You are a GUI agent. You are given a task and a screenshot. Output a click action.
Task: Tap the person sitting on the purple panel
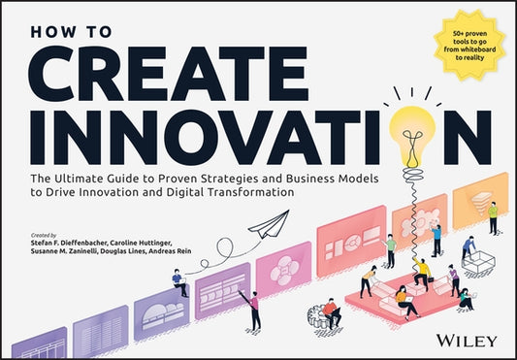pos(179,281)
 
